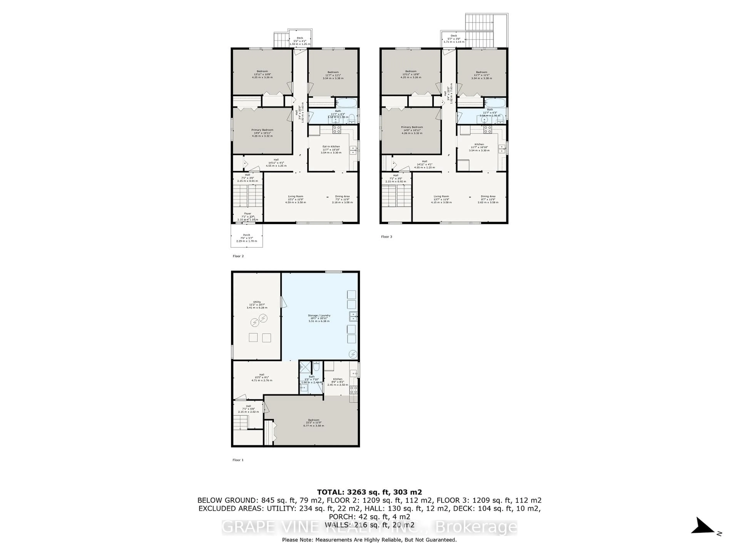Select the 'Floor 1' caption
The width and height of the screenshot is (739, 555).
[238, 460]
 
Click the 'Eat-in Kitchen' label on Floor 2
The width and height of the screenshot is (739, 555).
[331, 146]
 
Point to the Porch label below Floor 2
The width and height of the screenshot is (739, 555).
[247, 235]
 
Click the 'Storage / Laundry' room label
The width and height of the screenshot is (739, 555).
[319, 315]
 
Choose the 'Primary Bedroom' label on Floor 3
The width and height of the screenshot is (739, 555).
[412, 127]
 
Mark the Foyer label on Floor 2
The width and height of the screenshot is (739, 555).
[247, 214]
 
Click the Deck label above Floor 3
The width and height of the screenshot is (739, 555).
[454, 36]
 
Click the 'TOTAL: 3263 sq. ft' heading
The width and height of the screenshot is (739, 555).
[369, 492]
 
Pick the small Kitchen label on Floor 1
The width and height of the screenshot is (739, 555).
[337, 379]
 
